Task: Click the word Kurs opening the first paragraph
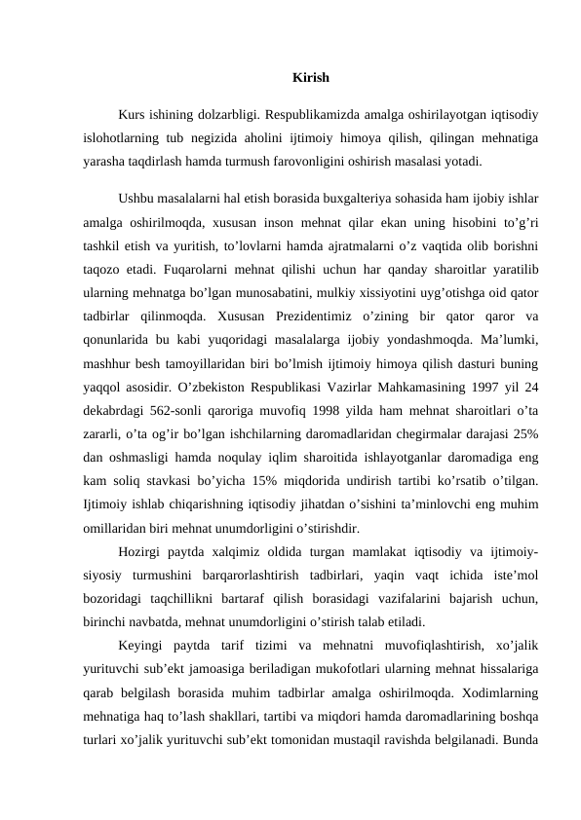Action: (133, 115)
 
